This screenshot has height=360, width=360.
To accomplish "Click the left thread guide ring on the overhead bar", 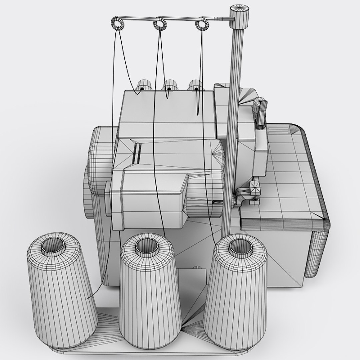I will [117, 24].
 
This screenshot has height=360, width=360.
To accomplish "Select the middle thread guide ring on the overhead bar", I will [160, 24].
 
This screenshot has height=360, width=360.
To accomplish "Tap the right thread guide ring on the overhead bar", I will [201, 24].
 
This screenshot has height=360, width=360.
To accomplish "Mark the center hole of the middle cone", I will [147, 245].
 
